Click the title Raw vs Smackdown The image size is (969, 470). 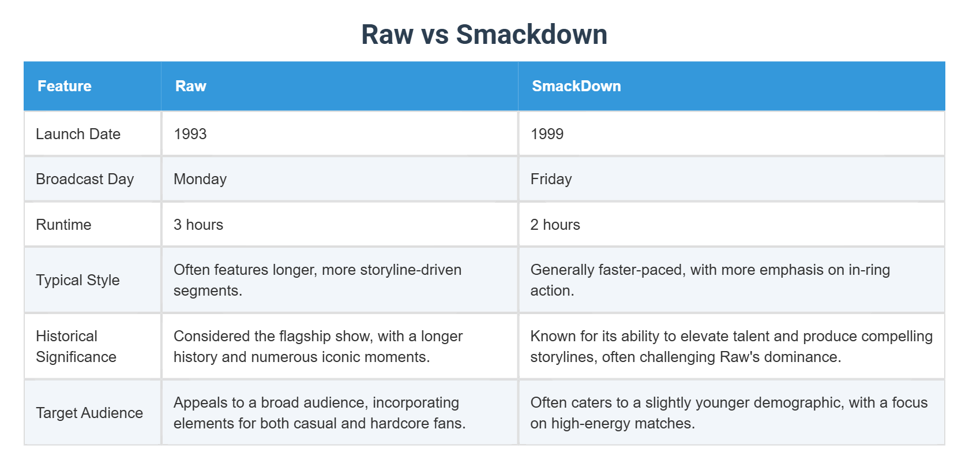pos(484,34)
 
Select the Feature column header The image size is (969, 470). pos(65,86)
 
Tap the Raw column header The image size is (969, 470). pos(190,86)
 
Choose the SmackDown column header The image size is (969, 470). pos(576,86)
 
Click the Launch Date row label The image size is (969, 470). pos(78,134)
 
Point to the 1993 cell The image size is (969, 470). pos(190,134)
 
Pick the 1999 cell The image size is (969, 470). pos(547,134)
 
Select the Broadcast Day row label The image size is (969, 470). pos(85,179)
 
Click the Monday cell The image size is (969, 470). pos(200,179)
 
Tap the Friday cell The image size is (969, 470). pos(551,179)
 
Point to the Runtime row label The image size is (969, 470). pos(63,225)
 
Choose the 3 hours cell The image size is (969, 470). pos(198,225)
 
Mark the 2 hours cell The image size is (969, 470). pos(555,225)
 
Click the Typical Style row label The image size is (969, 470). pos(78,280)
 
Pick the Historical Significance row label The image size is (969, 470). pos(76,346)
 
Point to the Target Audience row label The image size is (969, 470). pos(89,413)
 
